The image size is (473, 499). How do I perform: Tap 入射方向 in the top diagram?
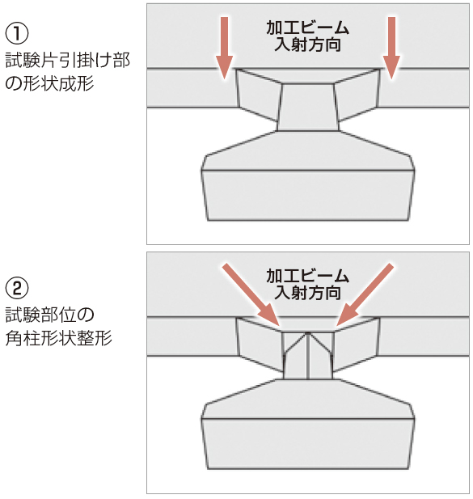308,45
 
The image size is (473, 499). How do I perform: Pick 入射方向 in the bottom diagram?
308,292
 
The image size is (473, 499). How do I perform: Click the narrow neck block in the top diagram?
307,106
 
